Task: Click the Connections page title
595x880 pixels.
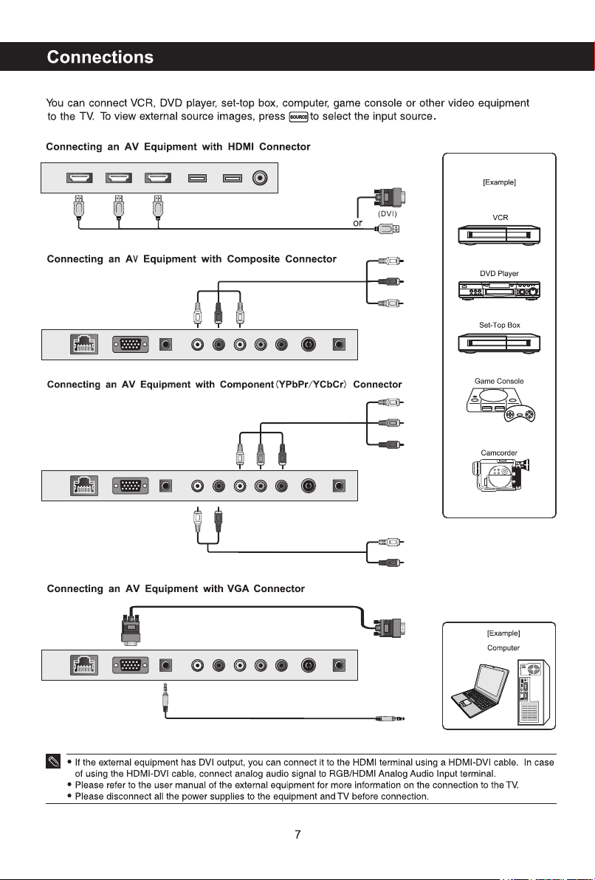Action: [100, 58]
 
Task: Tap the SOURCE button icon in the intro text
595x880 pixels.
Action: [298, 117]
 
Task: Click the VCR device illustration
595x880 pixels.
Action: [499, 235]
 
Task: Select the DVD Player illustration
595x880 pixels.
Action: [499, 290]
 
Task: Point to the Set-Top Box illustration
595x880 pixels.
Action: [499, 343]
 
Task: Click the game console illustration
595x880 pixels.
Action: [500, 405]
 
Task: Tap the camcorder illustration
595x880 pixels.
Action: [501, 475]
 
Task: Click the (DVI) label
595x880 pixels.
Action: [388, 214]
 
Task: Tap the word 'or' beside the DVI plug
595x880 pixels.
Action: [357, 224]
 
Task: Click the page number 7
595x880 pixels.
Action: [297, 834]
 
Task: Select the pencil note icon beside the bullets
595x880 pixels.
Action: [53, 762]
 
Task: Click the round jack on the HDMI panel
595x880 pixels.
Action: [259, 178]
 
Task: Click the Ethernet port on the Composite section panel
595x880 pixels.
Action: [83, 344]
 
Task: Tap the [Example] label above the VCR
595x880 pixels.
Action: [499, 182]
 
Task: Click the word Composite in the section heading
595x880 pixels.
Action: [253, 259]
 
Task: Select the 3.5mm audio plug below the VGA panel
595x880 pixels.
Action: [165, 698]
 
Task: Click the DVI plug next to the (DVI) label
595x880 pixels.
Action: [390, 197]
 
